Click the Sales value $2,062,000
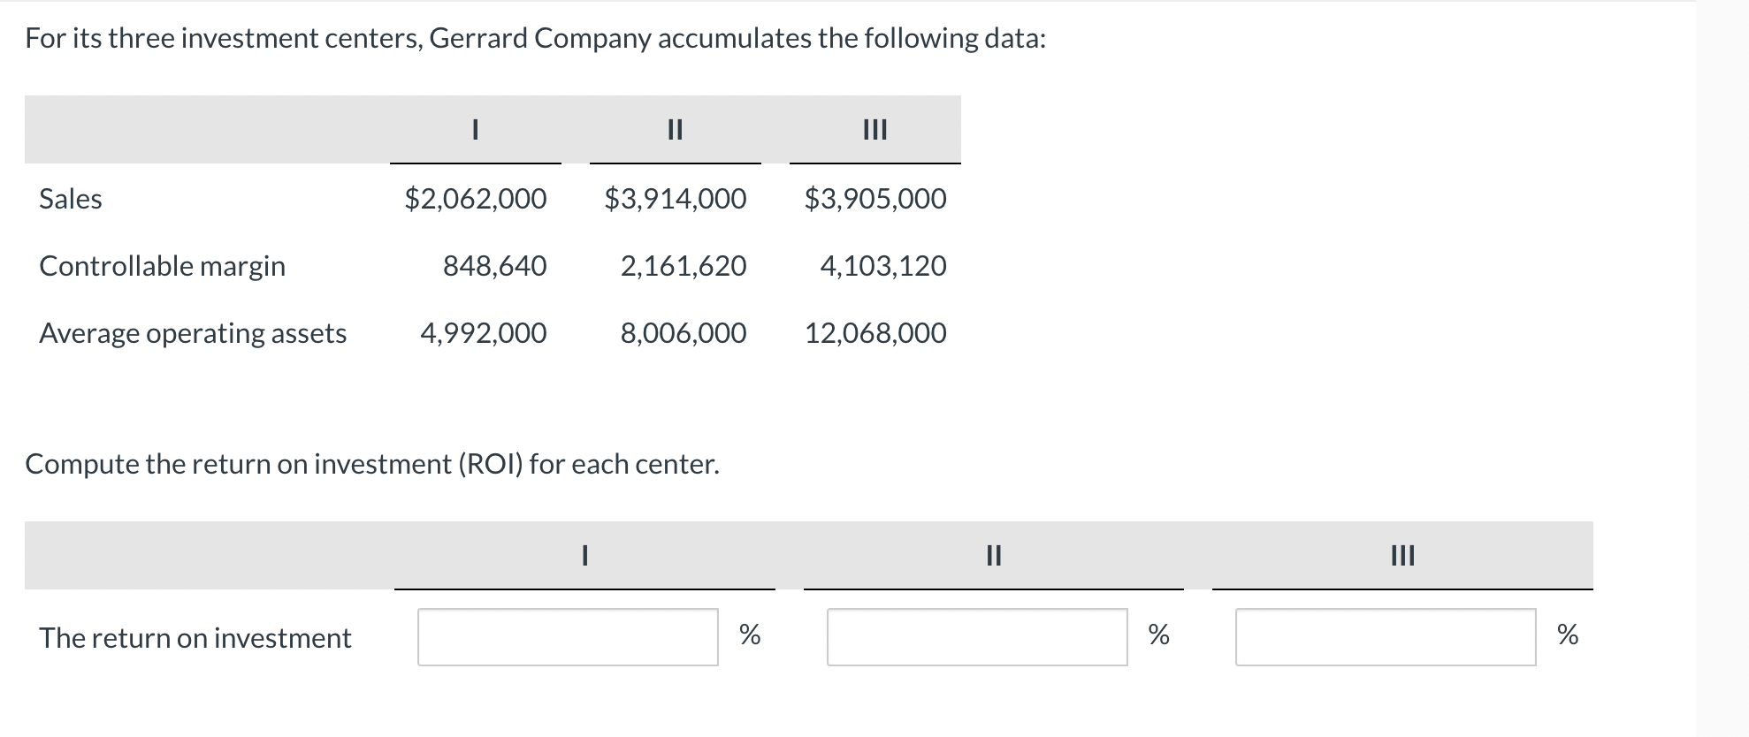[476, 199]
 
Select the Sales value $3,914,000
[676, 199]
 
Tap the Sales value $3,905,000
[875, 199]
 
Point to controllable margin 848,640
[495, 266]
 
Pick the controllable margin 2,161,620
[684, 266]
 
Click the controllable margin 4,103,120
[883, 266]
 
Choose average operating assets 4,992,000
[484, 333]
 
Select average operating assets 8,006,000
[684, 333]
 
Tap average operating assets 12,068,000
[875, 333]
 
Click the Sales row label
[71, 199]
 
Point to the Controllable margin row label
[163, 266]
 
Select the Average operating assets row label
[193, 333]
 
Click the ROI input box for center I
[568, 637]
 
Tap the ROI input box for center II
[977, 637]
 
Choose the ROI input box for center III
[1386, 637]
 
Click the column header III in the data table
[874, 131]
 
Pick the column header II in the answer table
[993, 556]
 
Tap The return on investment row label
[195, 638]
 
